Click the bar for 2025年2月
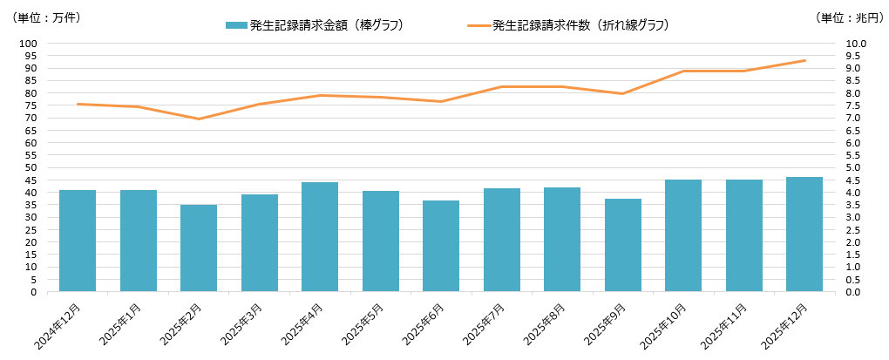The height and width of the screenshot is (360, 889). click(x=199, y=248)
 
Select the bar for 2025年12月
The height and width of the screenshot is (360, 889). click(x=804, y=234)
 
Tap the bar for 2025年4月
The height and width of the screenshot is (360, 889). click(x=320, y=237)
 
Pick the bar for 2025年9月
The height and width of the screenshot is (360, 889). click(x=623, y=245)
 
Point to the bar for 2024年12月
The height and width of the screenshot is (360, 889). click(x=78, y=241)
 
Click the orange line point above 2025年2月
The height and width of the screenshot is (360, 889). click(x=199, y=119)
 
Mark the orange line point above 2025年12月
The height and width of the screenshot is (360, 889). click(x=804, y=60)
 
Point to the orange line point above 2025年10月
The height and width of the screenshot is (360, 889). click(x=683, y=71)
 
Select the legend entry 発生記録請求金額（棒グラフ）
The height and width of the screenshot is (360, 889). click(x=314, y=25)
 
